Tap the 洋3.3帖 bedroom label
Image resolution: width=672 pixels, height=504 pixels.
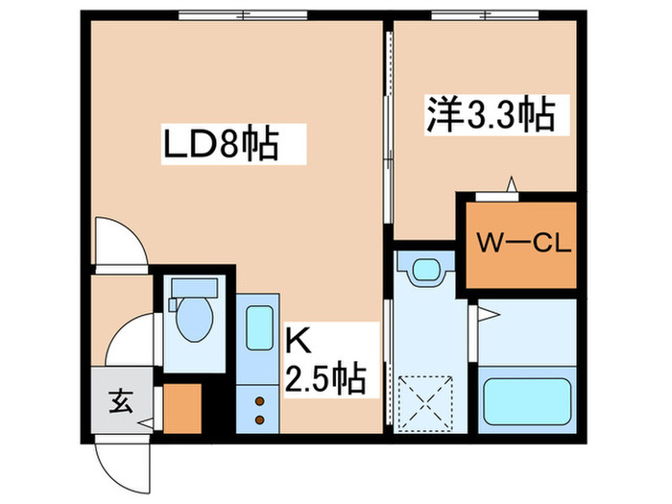pos(490,117)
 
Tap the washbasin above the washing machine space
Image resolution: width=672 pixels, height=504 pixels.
pos(424,271)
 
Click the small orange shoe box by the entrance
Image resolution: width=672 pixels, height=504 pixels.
pos(181,407)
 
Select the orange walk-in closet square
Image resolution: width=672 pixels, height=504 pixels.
pos(521,246)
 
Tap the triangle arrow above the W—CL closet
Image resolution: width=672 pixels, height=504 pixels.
pos(513,182)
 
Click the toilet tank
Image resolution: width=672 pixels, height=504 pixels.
pos(195,289)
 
